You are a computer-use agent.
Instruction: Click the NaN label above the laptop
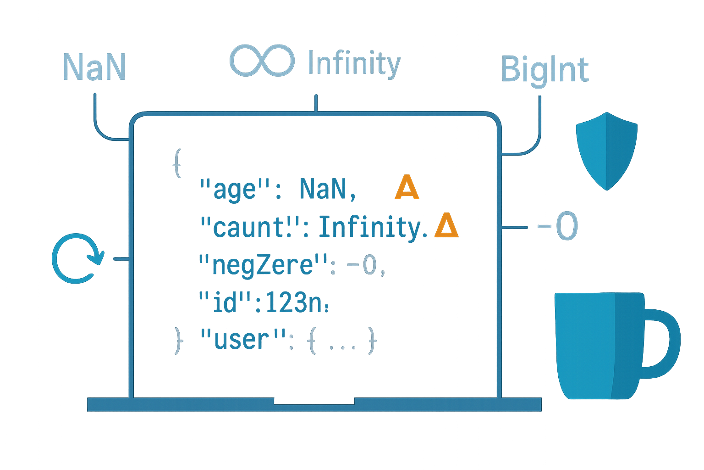click(x=94, y=67)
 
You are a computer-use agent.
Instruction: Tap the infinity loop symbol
click(x=262, y=60)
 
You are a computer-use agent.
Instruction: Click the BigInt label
click(x=544, y=70)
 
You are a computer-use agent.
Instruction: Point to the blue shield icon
click(x=606, y=150)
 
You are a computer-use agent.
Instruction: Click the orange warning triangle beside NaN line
click(x=407, y=188)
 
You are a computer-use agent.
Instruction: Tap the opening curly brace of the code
click(x=178, y=162)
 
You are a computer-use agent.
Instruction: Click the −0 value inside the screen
click(x=364, y=266)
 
